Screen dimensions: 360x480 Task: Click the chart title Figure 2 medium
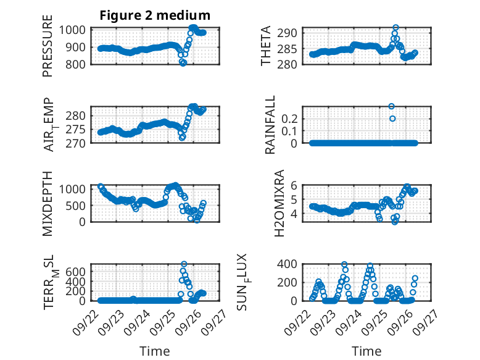(155, 15)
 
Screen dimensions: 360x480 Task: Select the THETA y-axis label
(266, 46)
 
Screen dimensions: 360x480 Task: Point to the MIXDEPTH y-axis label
(48, 203)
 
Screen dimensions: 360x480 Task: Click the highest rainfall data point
(391, 106)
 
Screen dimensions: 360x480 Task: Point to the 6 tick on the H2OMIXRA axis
(296, 185)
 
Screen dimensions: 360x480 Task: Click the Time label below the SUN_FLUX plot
(366, 351)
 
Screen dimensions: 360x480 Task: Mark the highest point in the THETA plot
(395, 28)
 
